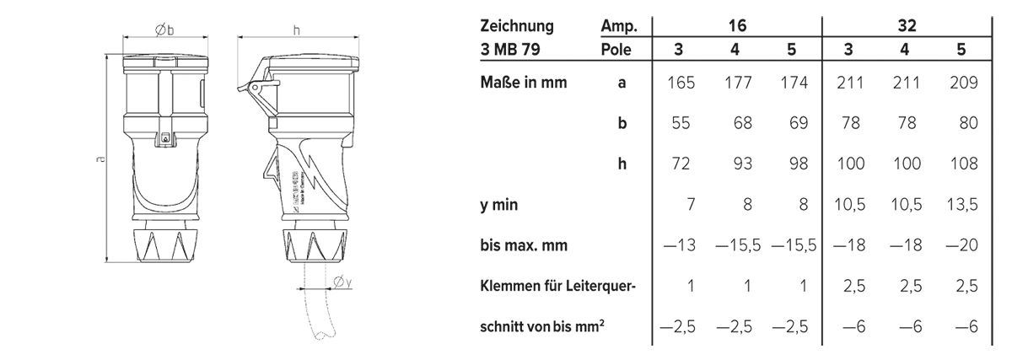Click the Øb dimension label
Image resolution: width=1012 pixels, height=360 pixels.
tap(164, 30)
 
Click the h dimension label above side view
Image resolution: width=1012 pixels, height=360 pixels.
tap(296, 30)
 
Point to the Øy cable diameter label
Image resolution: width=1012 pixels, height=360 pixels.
tap(342, 283)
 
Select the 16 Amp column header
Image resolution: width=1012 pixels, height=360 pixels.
tap(735, 26)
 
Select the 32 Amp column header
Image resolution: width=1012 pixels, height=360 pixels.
tap(907, 26)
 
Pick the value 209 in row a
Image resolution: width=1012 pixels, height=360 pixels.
tap(961, 83)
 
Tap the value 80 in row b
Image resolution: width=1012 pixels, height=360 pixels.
tap(967, 123)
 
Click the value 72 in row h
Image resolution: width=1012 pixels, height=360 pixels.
tap(682, 164)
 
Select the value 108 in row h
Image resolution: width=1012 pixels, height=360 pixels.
tap(962, 164)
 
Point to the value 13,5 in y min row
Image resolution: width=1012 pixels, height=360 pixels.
tap(961, 205)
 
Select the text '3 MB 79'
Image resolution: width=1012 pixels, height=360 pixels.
tap(510, 49)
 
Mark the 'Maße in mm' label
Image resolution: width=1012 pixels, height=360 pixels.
tap(523, 83)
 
